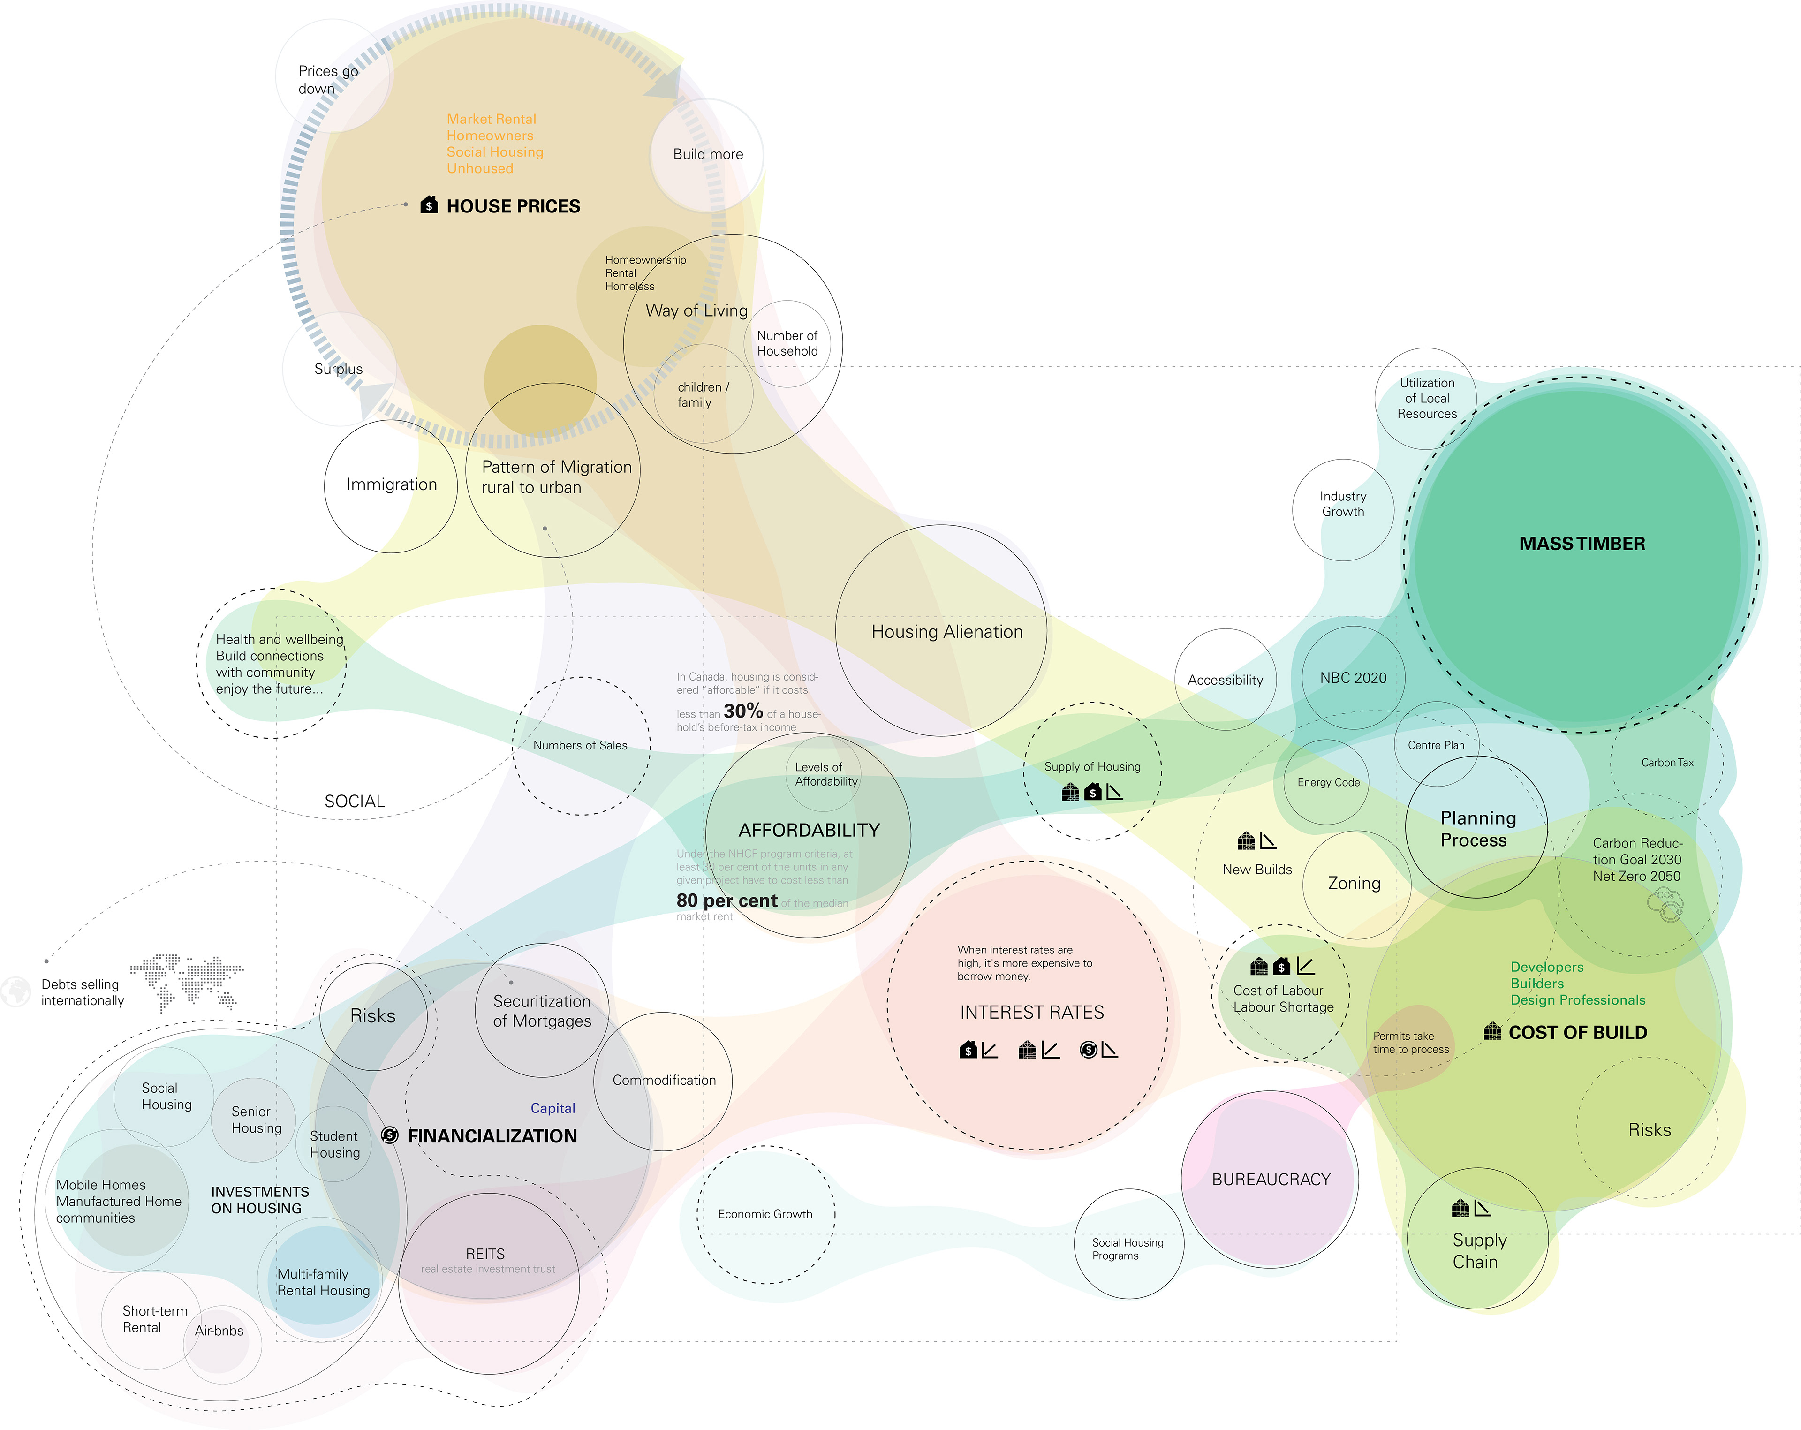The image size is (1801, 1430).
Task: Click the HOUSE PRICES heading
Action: coord(513,206)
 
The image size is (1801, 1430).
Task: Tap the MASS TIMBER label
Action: coord(1582,544)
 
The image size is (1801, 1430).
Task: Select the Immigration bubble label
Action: coord(391,484)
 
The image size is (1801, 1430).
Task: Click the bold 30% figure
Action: coord(742,711)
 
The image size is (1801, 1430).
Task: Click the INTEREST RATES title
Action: coord(1032,1013)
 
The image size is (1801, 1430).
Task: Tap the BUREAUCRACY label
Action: coord(1271,1180)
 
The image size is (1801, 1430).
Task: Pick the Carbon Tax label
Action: coord(1666,763)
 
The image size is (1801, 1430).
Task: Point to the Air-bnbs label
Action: coord(219,1331)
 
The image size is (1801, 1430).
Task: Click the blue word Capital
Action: coord(552,1108)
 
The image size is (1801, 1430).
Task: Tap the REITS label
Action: coord(485,1254)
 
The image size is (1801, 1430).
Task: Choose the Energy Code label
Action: coord(1328,783)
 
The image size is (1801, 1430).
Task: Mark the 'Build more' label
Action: coord(708,154)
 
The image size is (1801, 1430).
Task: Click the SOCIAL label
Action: coord(354,801)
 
